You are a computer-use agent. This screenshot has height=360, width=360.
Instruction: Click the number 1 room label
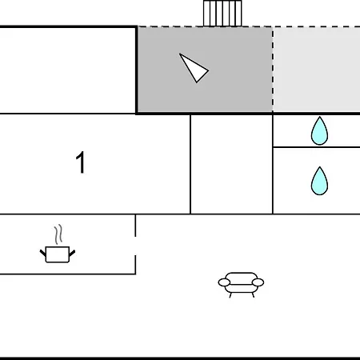(x=80, y=162)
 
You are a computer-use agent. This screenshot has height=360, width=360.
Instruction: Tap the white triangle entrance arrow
(x=194, y=69)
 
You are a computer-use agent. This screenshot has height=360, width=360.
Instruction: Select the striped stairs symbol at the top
(x=222, y=14)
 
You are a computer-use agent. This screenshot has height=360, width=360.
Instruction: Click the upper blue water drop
(x=319, y=131)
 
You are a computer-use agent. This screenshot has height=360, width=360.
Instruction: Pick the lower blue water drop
(x=319, y=182)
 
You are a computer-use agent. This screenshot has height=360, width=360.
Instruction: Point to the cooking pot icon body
(x=58, y=254)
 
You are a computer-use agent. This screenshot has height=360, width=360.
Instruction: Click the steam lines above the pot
(x=58, y=234)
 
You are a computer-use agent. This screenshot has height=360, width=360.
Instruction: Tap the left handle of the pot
(x=43, y=253)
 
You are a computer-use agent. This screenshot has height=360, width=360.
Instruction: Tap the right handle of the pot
(x=72, y=253)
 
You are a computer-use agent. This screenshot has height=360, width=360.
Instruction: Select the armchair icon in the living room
(x=241, y=285)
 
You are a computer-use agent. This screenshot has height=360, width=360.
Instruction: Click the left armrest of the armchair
(x=224, y=282)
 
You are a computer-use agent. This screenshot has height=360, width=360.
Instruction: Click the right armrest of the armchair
(x=258, y=282)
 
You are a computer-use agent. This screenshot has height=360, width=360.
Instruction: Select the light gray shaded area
(x=317, y=70)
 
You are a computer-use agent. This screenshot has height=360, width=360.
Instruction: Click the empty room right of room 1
(x=231, y=164)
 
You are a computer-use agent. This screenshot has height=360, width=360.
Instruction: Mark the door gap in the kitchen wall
(x=135, y=246)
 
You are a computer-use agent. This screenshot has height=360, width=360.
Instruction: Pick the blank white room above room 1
(x=68, y=70)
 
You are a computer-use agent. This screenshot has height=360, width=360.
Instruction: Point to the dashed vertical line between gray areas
(x=273, y=70)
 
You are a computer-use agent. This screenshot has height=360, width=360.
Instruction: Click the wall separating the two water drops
(x=317, y=147)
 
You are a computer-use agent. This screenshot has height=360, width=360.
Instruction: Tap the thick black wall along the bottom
(x=180, y=358)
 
